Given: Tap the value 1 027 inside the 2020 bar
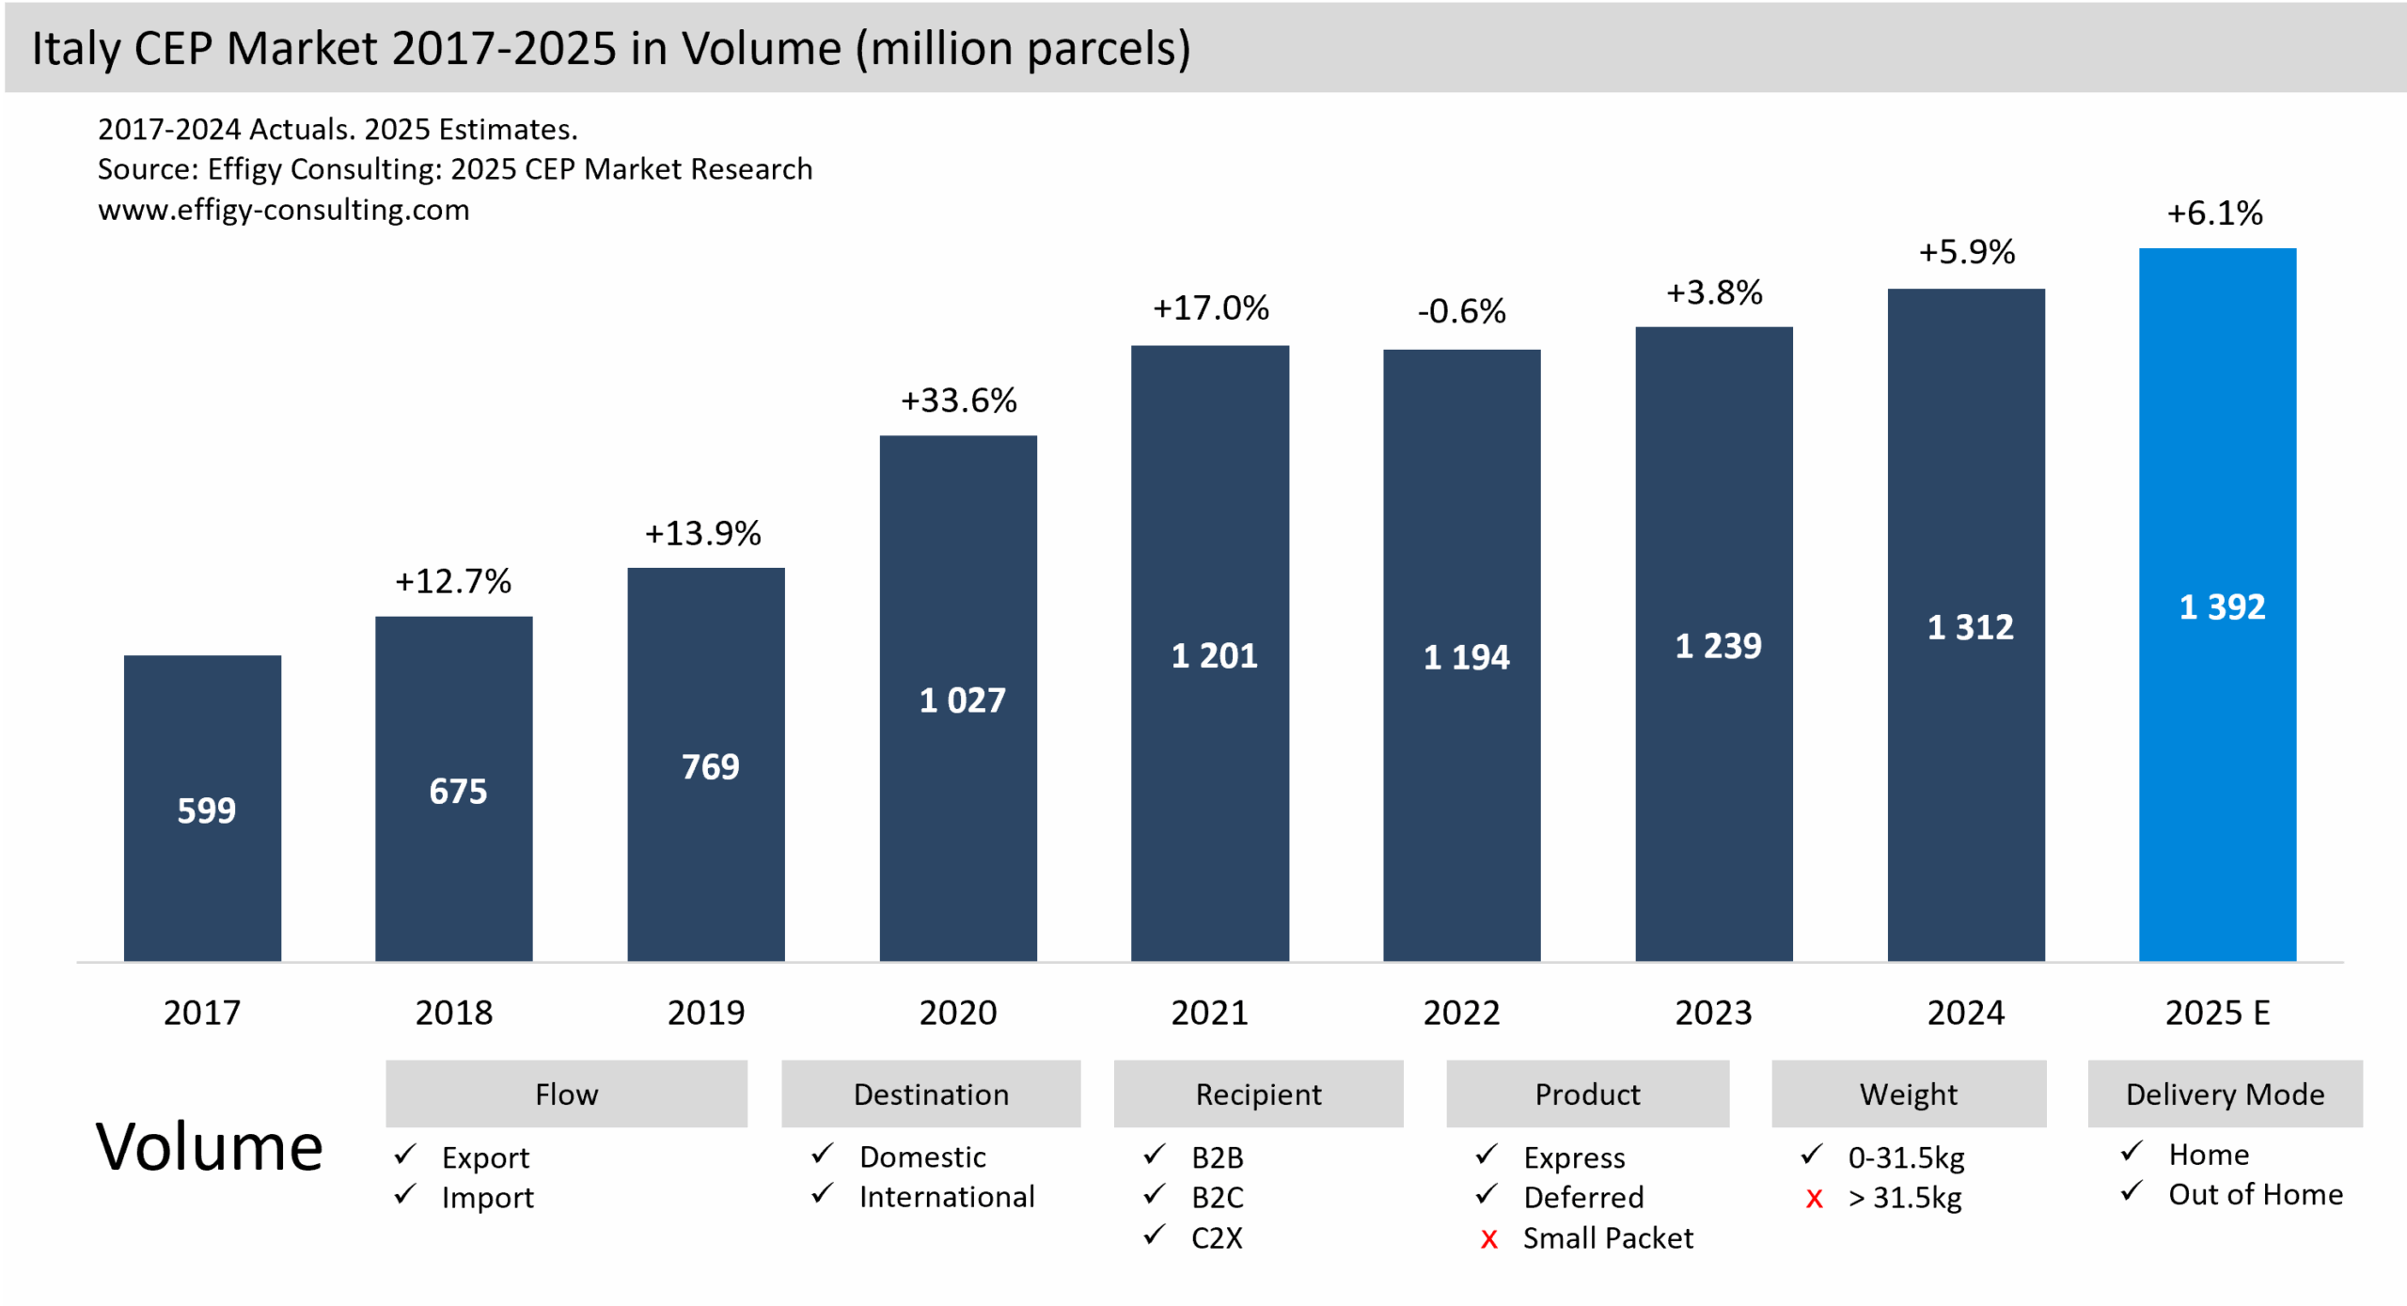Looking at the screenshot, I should pyautogui.click(x=962, y=700).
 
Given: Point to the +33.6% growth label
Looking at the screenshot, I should pyautogui.click(x=958, y=401).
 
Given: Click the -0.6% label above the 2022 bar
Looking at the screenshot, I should pyautogui.click(x=1461, y=311).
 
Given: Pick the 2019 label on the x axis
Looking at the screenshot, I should pyautogui.click(x=705, y=1013).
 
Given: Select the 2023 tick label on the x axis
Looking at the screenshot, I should pyautogui.click(x=1713, y=1013).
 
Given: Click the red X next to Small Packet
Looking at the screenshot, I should pyautogui.click(x=1488, y=1239).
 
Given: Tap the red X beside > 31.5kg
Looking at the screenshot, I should pyautogui.click(x=1814, y=1199).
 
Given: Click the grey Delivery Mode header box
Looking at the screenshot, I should pyautogui.click(x=2225, y=1094).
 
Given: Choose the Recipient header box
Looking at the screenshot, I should pyautogui.click(x=1258, y=1094).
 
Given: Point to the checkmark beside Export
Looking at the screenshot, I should pyautogui.click(x=405, y=1155).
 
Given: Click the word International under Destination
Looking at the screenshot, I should pyautogui.click(x=946, y=1197).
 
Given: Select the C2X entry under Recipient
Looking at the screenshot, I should pyautogui.click(x=1217, y=1238).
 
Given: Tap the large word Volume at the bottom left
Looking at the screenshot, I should pyautogui.click(x=209, y=1147).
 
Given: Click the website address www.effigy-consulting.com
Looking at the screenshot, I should pyautogui.click(x=283, y=210).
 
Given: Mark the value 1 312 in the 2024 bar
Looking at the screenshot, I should pyautogui.click(x=1970, y=627).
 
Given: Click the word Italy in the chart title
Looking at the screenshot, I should pyautogui.click(x=76, y=49).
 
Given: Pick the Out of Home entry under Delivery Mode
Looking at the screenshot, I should pyautogui.click(x=2255, y=1195).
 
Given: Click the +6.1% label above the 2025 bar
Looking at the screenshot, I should pyautogui.click(x=2214, y=213).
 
